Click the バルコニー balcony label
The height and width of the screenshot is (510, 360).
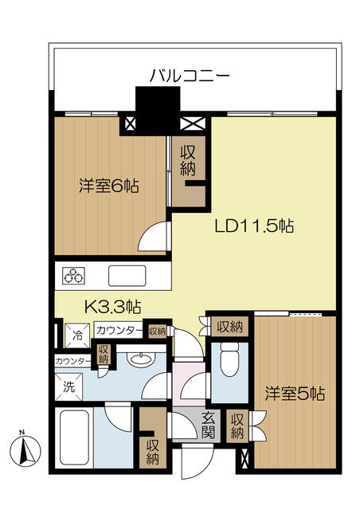(190, 76)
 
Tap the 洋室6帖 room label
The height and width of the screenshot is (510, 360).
(109, 186)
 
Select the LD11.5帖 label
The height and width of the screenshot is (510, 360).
(254, 226)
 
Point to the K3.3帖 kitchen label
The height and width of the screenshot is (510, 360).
(112, 306)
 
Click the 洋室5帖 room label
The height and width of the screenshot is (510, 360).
(295, 394)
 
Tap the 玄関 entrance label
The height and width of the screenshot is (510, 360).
(208, 425)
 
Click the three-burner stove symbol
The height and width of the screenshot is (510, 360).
(74, 277)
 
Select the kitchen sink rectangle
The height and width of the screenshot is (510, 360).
(127, 277)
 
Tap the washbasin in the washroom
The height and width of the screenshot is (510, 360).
(140, 359)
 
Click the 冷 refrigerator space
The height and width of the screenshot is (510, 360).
(78, 335)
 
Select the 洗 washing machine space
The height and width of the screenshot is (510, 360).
(68, 386)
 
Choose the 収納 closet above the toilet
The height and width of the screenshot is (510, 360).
(229, 327)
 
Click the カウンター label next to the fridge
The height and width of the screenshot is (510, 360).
(119, 331)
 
